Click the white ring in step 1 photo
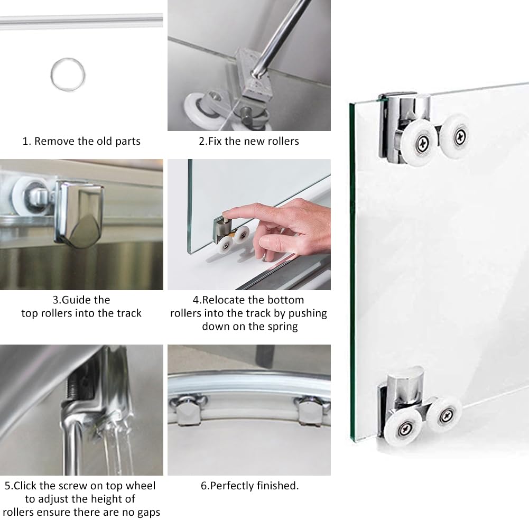[x=67, y=72]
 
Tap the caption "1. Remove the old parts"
[x=81, y=141]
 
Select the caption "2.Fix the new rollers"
[x=248, y=141]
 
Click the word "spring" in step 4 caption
[x=279, y=327]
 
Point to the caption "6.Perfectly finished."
[x=249, y=486]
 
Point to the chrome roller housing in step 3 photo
[x=79, y=209]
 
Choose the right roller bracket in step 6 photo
[x=310, y=410]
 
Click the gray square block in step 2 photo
[x=253, y=75]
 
